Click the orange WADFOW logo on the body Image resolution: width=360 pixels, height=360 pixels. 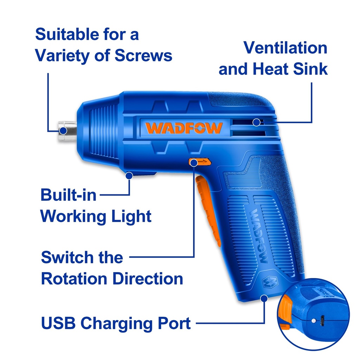pos(184,128)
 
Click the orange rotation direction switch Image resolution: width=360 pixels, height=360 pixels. pos(200,162)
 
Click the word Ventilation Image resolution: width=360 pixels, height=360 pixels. pos(285,48)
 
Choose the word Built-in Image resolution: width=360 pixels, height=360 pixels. pos(68,195)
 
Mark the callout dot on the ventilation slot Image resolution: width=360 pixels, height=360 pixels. pos(257,122)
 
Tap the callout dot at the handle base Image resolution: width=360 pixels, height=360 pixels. pos(264,298)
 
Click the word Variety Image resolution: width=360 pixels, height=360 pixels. pos(62,56)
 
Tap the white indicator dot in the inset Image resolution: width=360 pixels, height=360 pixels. pos(313,321)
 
